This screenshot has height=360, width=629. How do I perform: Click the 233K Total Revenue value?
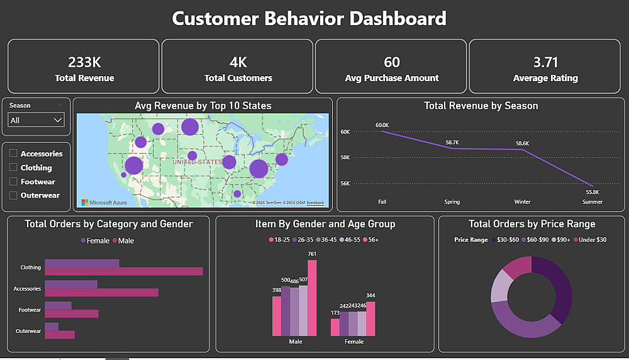pos(84,62)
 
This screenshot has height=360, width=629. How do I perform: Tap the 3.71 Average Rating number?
pos(545,62)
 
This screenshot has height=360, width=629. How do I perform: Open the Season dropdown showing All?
pos(36,120)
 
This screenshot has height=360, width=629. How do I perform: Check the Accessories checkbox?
pos(13,154)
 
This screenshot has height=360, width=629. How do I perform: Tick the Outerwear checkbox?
pos(13,195)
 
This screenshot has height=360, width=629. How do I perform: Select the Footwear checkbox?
pos(13,181)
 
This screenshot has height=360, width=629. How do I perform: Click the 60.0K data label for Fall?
pos(382,125)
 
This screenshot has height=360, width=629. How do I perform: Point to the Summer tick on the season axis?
pos(593,202)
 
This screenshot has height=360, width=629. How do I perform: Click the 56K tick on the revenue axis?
pos(345,184)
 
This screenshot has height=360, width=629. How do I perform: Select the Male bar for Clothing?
pos(124,271)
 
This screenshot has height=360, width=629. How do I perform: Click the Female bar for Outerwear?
pos(52,327)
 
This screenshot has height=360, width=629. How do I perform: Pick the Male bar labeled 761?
pos(312,298)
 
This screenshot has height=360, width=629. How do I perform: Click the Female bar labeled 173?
pos(335,327)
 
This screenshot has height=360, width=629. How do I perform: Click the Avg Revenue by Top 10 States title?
pos(203,106)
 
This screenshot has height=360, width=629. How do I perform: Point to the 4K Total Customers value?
pos(238,62)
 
